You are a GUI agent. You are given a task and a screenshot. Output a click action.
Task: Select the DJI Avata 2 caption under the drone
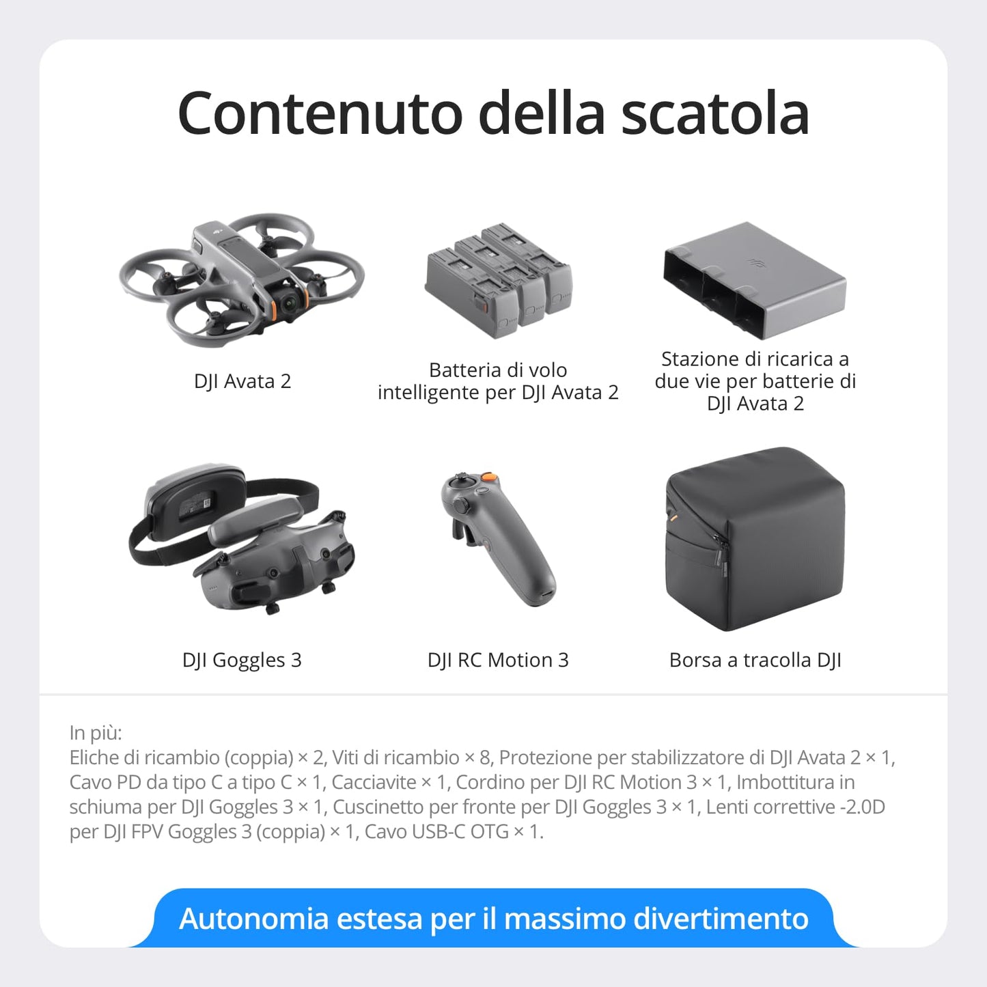[x=242, y=381]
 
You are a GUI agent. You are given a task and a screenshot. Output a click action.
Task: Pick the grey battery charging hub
[x=755, y=280]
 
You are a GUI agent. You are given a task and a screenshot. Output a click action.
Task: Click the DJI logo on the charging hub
[x=755, y=261]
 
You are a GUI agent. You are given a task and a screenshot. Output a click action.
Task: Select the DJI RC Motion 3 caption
[x=498, y=660]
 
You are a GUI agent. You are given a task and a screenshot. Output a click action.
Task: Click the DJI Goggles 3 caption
[x=242, y=660]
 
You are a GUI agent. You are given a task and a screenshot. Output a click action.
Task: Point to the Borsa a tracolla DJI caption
[x=755, y=660]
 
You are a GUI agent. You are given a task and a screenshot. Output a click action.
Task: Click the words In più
[x=96, y=733]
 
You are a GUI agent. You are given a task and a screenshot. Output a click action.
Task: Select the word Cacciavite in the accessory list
[x=374, y=782]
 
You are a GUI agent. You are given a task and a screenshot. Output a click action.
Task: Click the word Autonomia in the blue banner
[x=253, y=919]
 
